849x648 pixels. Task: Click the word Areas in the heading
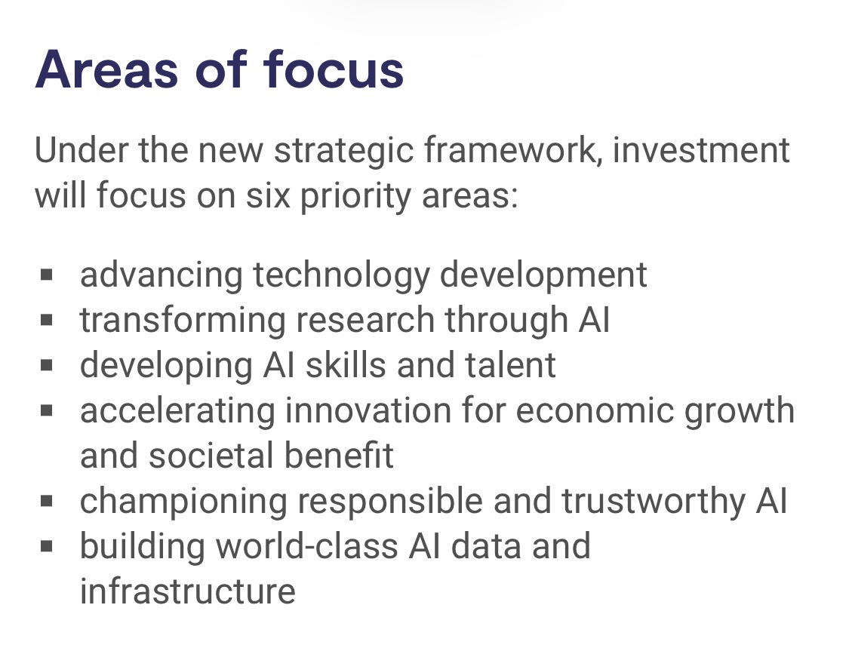[x=106, y=69]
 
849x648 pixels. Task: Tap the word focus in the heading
[x=334, y=69]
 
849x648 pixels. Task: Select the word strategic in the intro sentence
[x=344, y=151]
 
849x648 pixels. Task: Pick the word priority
[x=355, y=197]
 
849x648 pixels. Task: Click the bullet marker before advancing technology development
[x=47, y=275]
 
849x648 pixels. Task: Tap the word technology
[x=341, y=275]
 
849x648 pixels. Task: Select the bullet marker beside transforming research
[x=47, y=320]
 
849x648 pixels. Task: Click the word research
[x=365, y=320]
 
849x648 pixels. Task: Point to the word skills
[x=346, y=365]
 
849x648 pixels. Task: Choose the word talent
[x=510, y=365]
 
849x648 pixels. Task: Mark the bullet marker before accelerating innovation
[x=47, y=410]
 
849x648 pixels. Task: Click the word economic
[x=595, y=410]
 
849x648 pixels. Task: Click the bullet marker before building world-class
[x=47, y=546]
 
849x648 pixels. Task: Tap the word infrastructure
[x=188, y=591]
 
